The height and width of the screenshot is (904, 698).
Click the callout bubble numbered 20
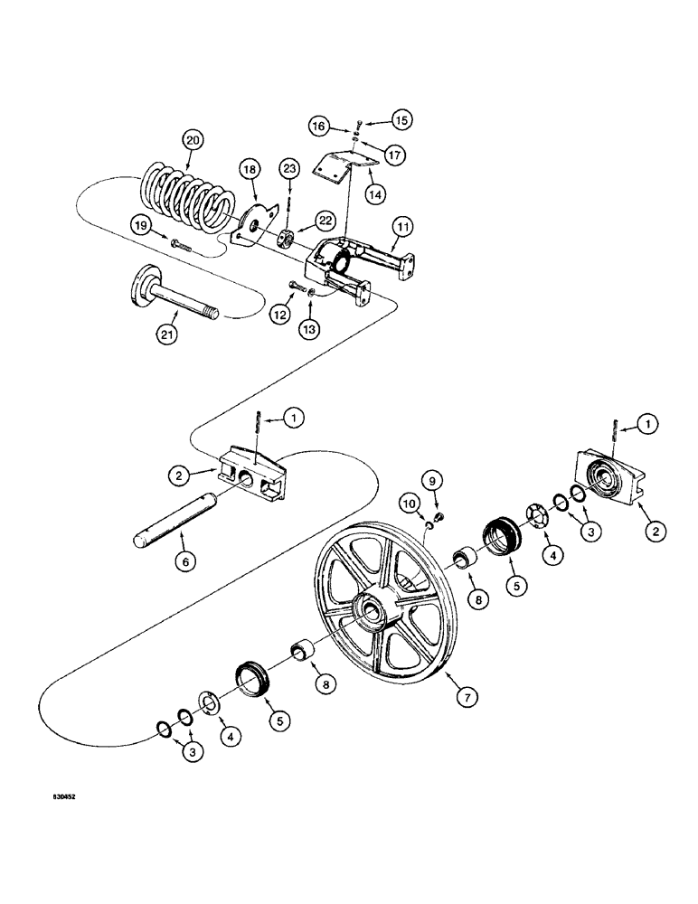[x=192, y=140]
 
